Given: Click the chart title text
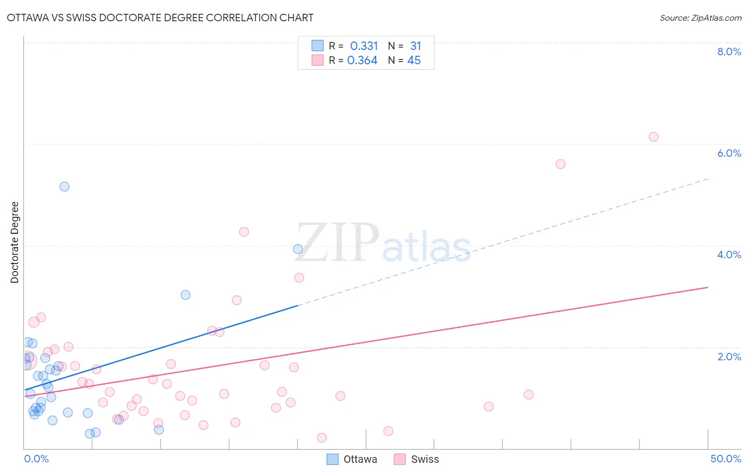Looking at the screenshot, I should point(160,18).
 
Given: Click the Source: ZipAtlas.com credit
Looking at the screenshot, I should point(700,18).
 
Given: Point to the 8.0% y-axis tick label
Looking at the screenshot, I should point(729,52).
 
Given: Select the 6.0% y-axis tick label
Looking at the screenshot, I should point(729,153).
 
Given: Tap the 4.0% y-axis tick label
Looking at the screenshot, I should point(729,255).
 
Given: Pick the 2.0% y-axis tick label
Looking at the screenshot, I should point(729,357).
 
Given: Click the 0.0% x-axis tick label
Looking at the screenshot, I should point(36,459).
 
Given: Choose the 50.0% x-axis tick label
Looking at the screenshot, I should point(726,459).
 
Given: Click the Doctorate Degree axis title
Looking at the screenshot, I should point(15,242).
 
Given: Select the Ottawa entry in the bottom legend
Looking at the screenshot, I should point(360,459).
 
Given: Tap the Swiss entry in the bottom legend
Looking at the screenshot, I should point(425,459).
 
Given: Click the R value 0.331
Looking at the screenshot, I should point(364,46).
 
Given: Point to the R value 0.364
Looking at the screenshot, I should point(362,61).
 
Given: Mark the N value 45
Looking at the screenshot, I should point(414,61).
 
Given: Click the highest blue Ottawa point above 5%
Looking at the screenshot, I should point(64,187).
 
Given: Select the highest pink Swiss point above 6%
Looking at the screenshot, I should point(653,137).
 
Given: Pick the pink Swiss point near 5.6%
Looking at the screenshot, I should point(560,164).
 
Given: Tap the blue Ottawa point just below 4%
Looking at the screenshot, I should point(298,249).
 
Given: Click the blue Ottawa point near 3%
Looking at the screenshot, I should point(186,295).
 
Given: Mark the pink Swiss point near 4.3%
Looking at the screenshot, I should point(244,232).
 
